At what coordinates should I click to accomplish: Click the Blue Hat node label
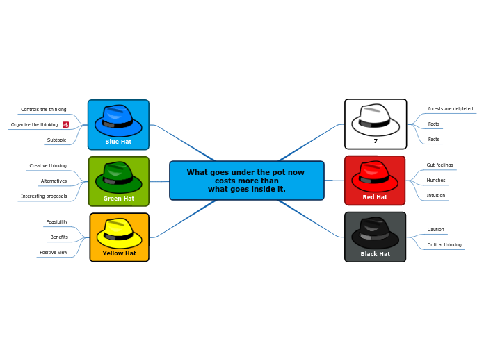(118, 142)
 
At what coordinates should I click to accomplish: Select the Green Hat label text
(119, 199)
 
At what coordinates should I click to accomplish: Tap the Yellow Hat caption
(119, 253)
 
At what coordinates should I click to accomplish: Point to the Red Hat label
(375, 197)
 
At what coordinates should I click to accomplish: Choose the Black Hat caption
(375, 254)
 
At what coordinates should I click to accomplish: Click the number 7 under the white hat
(376, 141)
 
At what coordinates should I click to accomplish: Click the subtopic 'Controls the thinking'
(44, 110)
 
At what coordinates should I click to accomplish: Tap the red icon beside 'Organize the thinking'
(65, 125)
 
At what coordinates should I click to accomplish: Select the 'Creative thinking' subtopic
(48, 166)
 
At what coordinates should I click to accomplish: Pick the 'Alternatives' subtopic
(54, 181)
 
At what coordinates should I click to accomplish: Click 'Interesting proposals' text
(44, 196)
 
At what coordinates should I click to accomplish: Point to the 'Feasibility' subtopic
(57, 222)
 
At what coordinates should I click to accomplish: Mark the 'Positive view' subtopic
(54, 253)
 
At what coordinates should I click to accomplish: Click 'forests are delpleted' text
(451, 109)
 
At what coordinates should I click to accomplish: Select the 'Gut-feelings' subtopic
(440, 165)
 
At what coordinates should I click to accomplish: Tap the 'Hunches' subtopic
(436, 180)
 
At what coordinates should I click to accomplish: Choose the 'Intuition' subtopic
(436, 196)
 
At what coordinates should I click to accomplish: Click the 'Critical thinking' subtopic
(444, 245)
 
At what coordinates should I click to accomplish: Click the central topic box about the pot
(246, 180)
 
